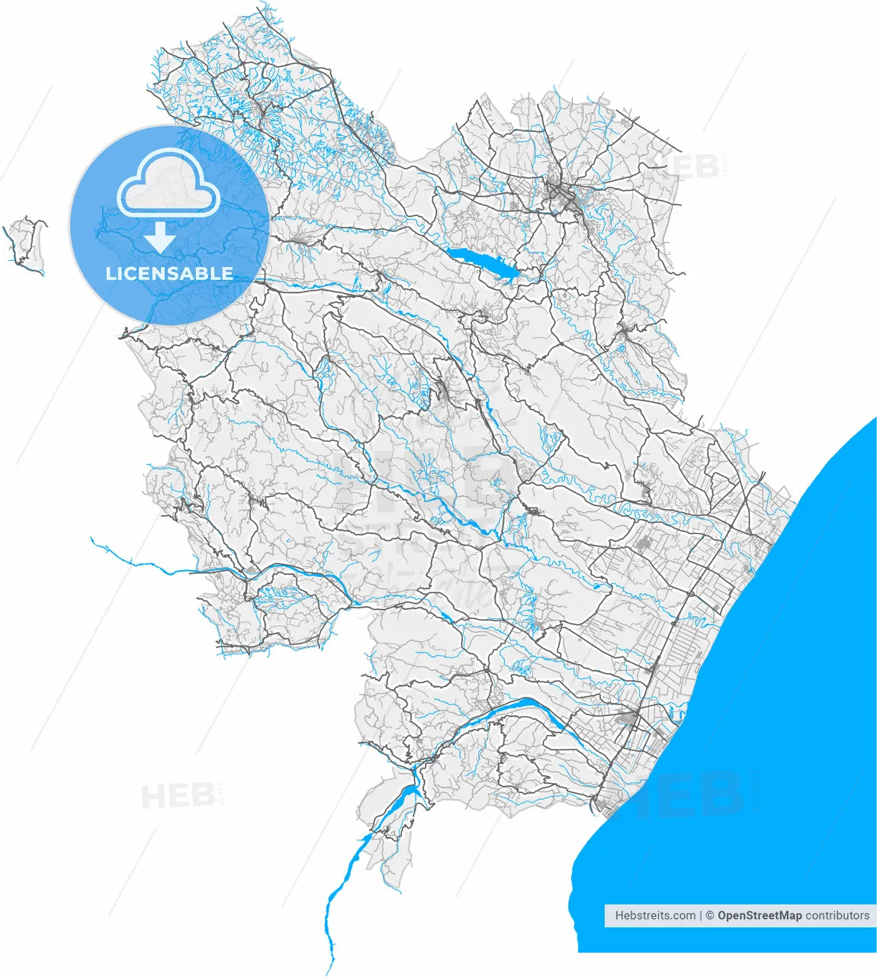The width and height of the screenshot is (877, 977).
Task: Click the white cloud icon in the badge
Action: point(169,185)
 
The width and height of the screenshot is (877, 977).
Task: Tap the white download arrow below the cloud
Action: point(159,237)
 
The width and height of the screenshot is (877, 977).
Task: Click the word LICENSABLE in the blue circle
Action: point(169,273)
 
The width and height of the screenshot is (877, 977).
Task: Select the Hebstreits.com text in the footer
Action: point(655,915)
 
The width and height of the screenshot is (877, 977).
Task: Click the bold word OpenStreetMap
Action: point(759,915)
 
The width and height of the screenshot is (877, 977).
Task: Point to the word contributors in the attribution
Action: point(837,915)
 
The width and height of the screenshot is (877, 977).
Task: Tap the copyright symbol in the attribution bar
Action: point(709,915)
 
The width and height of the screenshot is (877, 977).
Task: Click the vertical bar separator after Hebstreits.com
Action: point(701,915)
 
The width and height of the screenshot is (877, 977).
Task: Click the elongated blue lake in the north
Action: point(480,261)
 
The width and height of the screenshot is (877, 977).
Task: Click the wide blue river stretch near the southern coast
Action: point(519,705)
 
